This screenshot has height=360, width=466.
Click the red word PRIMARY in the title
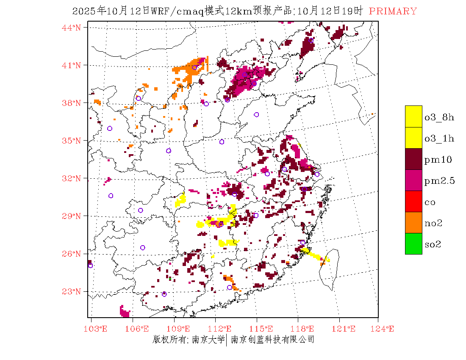click(393, 11)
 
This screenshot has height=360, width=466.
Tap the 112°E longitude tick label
click(222, 329)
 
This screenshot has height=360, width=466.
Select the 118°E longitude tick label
click(305, 329)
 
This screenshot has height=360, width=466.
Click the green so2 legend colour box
click(413, 244)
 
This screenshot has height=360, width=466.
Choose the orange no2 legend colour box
click(413, 222)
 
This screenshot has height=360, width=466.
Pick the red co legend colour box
click(413, 201)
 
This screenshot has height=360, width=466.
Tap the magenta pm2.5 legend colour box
click(413, 180)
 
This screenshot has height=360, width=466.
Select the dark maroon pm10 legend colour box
click(413, 159)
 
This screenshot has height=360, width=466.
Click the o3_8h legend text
click(439, 117)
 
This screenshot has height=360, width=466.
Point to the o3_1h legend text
click(439, 138)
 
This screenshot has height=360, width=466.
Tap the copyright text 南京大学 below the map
click(208, 340)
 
